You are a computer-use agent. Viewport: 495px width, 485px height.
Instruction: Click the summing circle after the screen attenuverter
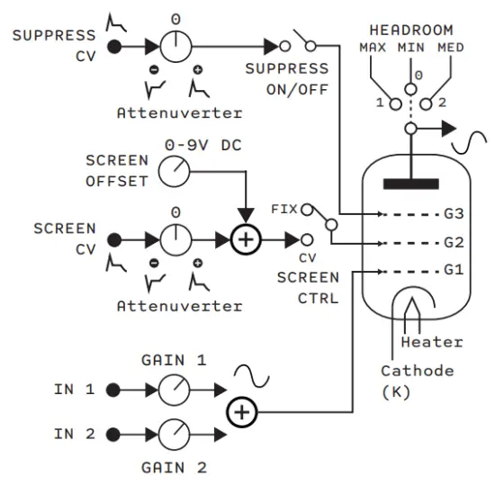[243, 240]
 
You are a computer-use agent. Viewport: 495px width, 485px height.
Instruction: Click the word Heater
[432, 342]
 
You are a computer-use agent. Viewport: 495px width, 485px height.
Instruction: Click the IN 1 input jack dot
[114, 390]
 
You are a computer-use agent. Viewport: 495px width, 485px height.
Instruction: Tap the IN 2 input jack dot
[114, 435]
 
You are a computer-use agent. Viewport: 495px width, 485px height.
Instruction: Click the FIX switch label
[284, 209]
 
